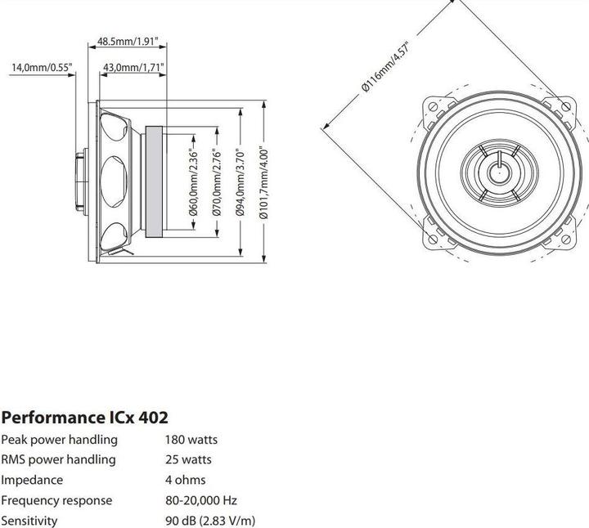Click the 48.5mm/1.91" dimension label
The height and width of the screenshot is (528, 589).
pyautogui.click(x=128, y=40)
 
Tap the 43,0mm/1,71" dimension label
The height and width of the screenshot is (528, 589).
pyautogui.click(x=134, y=67)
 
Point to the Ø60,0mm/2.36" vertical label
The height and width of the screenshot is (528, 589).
pyautogui.click(x=194, y=182)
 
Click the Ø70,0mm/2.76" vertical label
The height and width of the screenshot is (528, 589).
pyautogui.click(x=217, y=182)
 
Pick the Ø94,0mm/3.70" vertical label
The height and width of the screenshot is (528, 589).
pyautogui.click(x=240, y=182)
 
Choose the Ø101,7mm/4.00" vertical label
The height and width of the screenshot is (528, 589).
pyautogui.click(x=263, y=182)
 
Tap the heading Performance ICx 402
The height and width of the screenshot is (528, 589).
pyautogui.click(x=84, y=418)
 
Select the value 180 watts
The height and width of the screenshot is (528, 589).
pyautogui.click(x=191, y=440)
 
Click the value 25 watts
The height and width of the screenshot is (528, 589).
pyautogui.click(x=188, y=460)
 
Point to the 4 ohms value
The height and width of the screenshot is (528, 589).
pyautogui.click(x=186, y=480)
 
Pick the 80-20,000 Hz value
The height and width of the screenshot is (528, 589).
pyautogui.click(x=201, y=500)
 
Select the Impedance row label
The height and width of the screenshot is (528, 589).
pyautogui.click(x=32, y=480)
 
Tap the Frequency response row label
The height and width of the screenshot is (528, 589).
pyautogui.click(x=56, y=500)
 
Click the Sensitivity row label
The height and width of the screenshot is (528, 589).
pyautogui.click(x=29, y=520)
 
